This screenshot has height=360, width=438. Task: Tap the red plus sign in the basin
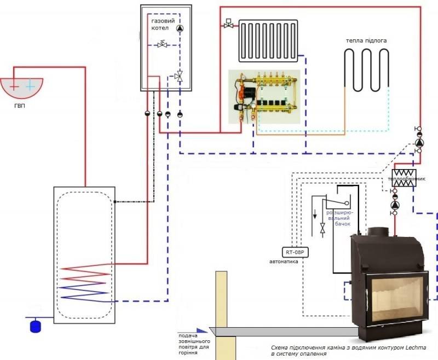coord(14,85)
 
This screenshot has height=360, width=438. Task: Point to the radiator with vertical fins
coord(268,40)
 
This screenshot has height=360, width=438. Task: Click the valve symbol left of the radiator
coord(228,25)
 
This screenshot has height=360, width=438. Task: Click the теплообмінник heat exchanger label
coord(406,179)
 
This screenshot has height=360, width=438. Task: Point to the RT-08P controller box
coord(293,252)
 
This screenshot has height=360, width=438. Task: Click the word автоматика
coord(284,262)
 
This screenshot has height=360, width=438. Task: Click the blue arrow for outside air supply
coord(201,330)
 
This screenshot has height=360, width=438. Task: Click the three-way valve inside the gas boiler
coord(179,77)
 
